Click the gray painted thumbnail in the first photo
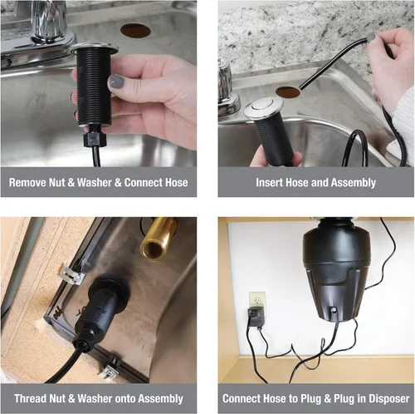[117, 81]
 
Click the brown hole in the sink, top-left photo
[135, 31]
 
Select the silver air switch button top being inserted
[263, 106]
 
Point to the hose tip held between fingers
[370, 37]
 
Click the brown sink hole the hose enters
[288, 92]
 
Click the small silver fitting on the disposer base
[334, 310]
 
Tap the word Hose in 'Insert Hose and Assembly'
[297, 182]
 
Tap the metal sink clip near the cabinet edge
[72, 274]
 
